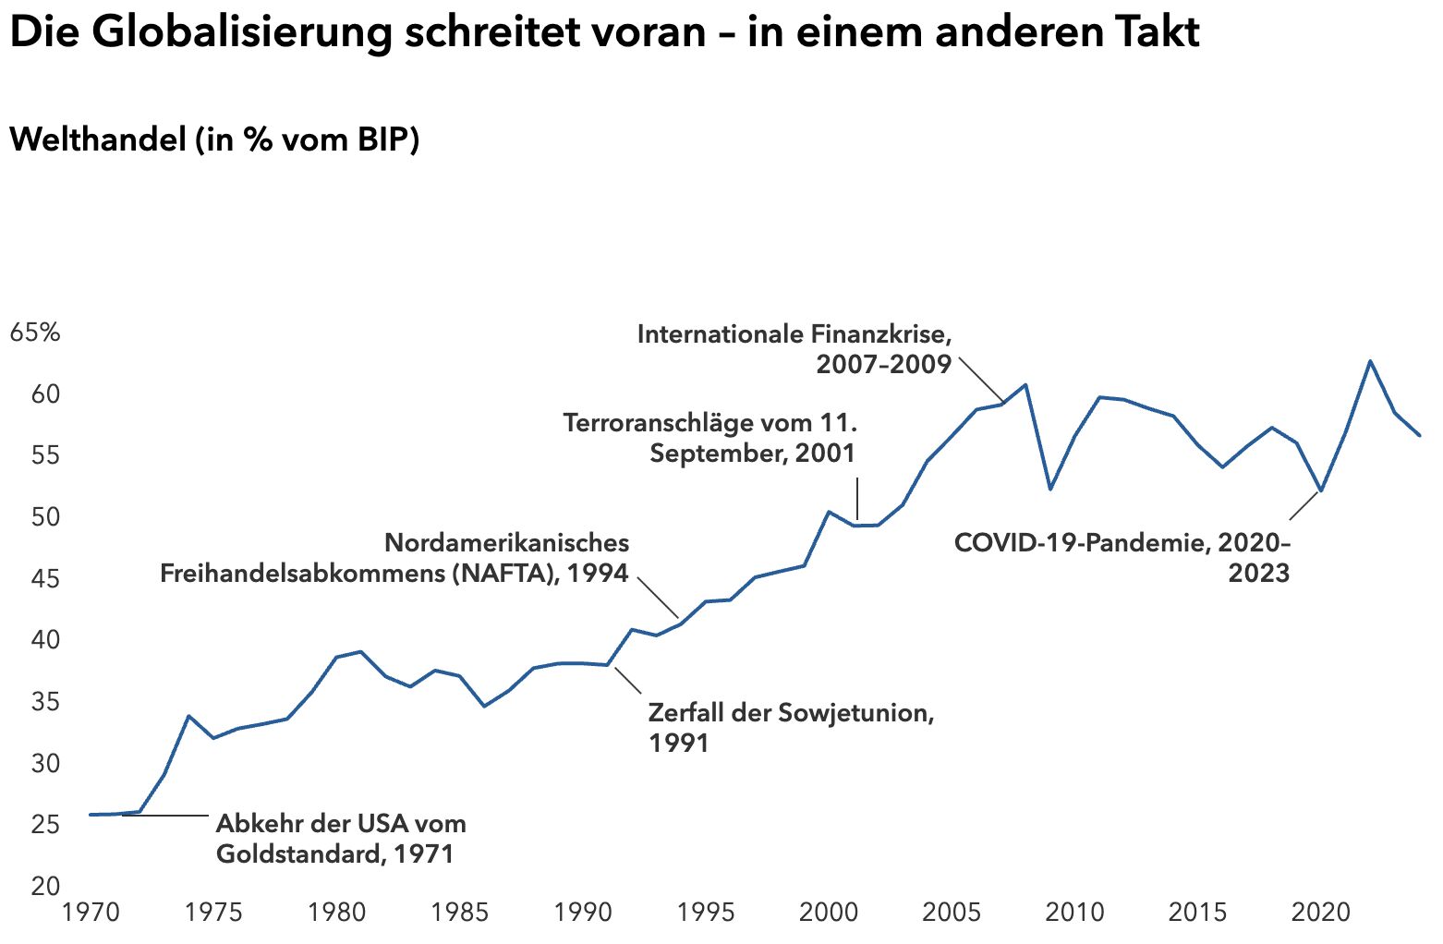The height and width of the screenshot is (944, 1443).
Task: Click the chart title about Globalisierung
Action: click(x=604, y=33)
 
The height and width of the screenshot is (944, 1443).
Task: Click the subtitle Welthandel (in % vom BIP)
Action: click(x=214, y=139)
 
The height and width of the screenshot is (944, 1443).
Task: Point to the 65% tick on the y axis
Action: click(x=35, y=333)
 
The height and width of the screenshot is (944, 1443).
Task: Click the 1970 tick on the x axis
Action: click(x=91, y=913)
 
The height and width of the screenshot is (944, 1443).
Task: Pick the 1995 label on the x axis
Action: click(x=706, y=913)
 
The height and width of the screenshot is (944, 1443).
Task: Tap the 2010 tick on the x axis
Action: click(x=1074, y=913)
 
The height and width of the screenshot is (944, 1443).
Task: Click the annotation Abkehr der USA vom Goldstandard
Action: click(x=340, y=838)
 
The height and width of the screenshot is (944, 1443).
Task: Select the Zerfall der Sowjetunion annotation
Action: click(x=791, y=727)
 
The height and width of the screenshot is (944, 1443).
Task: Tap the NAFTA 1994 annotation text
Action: click(x=395, y=558)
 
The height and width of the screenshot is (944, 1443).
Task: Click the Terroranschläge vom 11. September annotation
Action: click(x=709, y=438)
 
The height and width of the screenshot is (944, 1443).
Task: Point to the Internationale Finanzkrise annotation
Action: click(x=794, y=348)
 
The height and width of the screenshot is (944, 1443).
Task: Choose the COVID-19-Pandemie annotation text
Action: click(x=1122, y=557)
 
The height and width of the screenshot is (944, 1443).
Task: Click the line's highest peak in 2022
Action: click(x=1370, y=361)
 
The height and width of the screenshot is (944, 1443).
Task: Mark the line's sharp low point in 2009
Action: click(x=1050, y=489)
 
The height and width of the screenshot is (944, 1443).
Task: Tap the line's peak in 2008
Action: click(x=1025, y=385)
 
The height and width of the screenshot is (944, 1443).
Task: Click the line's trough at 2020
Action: click(x=1321, y=490)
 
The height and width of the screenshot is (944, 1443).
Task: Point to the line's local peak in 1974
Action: click(x=188, y=716)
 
